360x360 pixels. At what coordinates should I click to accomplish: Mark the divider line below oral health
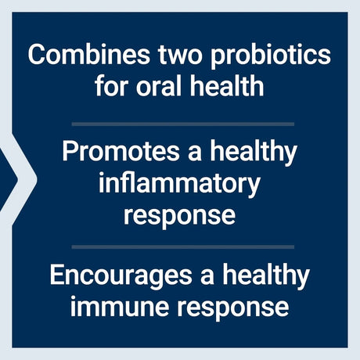click(182, 123)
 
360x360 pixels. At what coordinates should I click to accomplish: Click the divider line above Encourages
click(182, 247)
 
